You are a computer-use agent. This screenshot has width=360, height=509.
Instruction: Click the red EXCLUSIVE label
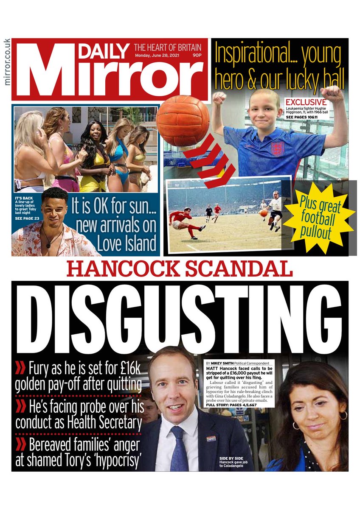[306, 102]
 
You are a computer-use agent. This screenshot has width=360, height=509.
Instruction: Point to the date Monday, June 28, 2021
[159, 56]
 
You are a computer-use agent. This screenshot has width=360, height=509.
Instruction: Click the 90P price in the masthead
[197, 56]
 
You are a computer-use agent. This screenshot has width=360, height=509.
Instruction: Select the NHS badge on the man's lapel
[211, 438]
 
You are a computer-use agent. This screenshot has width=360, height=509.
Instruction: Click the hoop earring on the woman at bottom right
[343, 415]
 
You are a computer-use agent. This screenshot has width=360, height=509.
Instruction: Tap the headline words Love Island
[127, 245]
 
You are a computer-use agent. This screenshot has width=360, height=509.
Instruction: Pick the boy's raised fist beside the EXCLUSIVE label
[332, 94]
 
